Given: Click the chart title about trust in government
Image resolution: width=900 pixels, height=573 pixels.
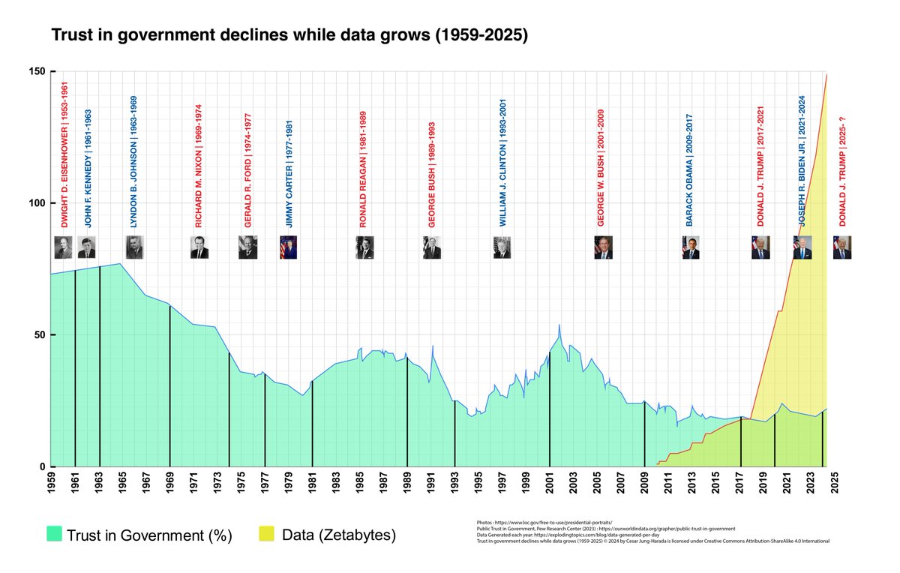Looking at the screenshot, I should coord(289,35).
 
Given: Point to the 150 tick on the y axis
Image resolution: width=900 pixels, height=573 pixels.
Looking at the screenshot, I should coord(37,72).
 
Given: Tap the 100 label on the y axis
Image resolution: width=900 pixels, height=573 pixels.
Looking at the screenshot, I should coord(37,203).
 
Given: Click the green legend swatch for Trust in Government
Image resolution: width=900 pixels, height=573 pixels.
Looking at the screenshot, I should coord(53,534).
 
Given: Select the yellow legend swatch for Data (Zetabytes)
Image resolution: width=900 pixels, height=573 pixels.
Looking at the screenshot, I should coord(267,534).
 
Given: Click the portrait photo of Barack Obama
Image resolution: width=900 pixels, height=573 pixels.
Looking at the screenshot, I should coord(691,247).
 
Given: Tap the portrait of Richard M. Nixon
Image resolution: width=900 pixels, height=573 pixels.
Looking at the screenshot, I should coord(199,247).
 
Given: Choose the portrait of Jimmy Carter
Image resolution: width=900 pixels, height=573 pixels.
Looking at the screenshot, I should coord(289,247).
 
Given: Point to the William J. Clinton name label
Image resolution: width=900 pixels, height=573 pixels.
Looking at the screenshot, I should coord(503,163).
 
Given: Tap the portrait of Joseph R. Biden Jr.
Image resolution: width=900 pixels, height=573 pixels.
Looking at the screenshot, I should coord(802,247).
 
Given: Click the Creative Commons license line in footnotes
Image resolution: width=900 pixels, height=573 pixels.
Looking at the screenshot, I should coord(652,540).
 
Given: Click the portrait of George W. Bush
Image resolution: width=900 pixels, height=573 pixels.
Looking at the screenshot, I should coord(603,247).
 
